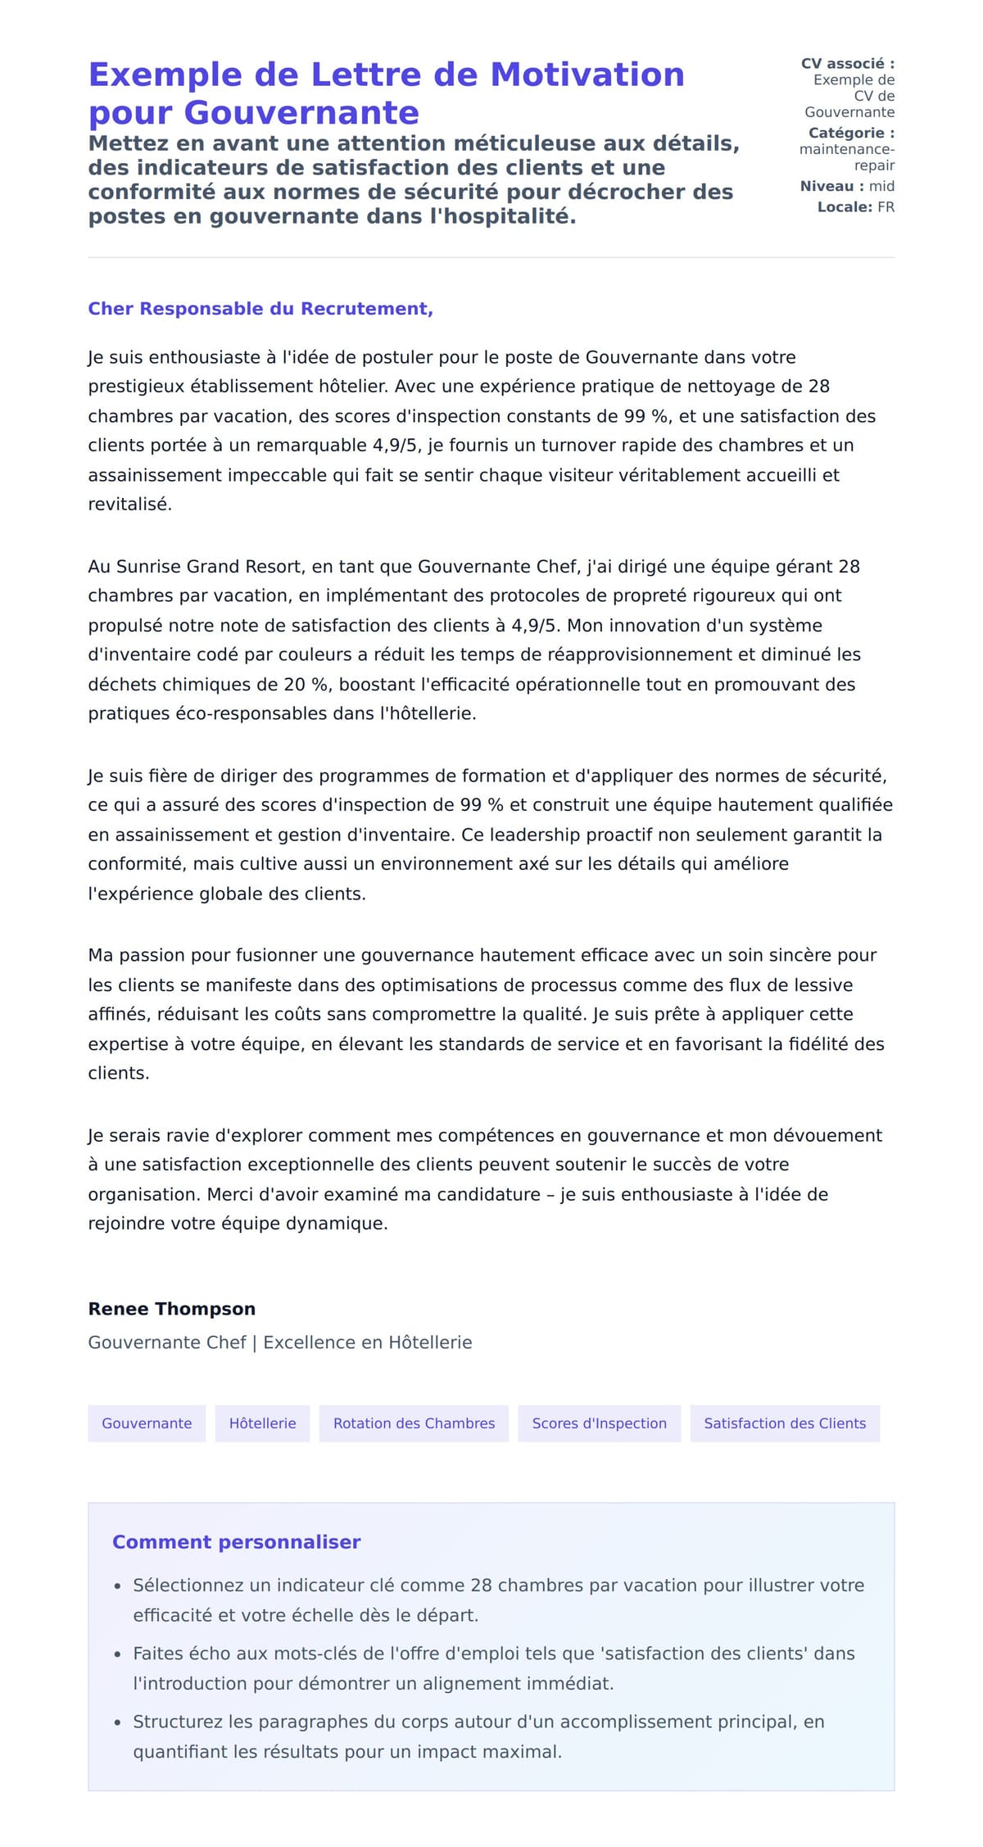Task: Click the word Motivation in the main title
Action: pos(587,75)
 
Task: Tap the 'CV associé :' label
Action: pos(847,63)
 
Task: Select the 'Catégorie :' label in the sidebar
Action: pos(851,133)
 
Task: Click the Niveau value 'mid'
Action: pos(881,186)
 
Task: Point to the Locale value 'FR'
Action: pos(886,207)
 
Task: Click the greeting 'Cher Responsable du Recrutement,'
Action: pos(260,309)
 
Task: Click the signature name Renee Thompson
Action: pos(172,1309)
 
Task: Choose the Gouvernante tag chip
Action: pos(147,1424)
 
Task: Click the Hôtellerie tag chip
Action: pos(262,1424)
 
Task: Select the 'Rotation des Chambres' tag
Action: pos(414,1424)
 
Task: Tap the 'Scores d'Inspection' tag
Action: pos(599,1424)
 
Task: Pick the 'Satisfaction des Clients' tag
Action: pos(784,1424)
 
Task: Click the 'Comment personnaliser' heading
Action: pos(236,1542)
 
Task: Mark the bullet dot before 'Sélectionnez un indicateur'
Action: pos(117,1587)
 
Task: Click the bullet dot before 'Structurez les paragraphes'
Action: pos(117,1723)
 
